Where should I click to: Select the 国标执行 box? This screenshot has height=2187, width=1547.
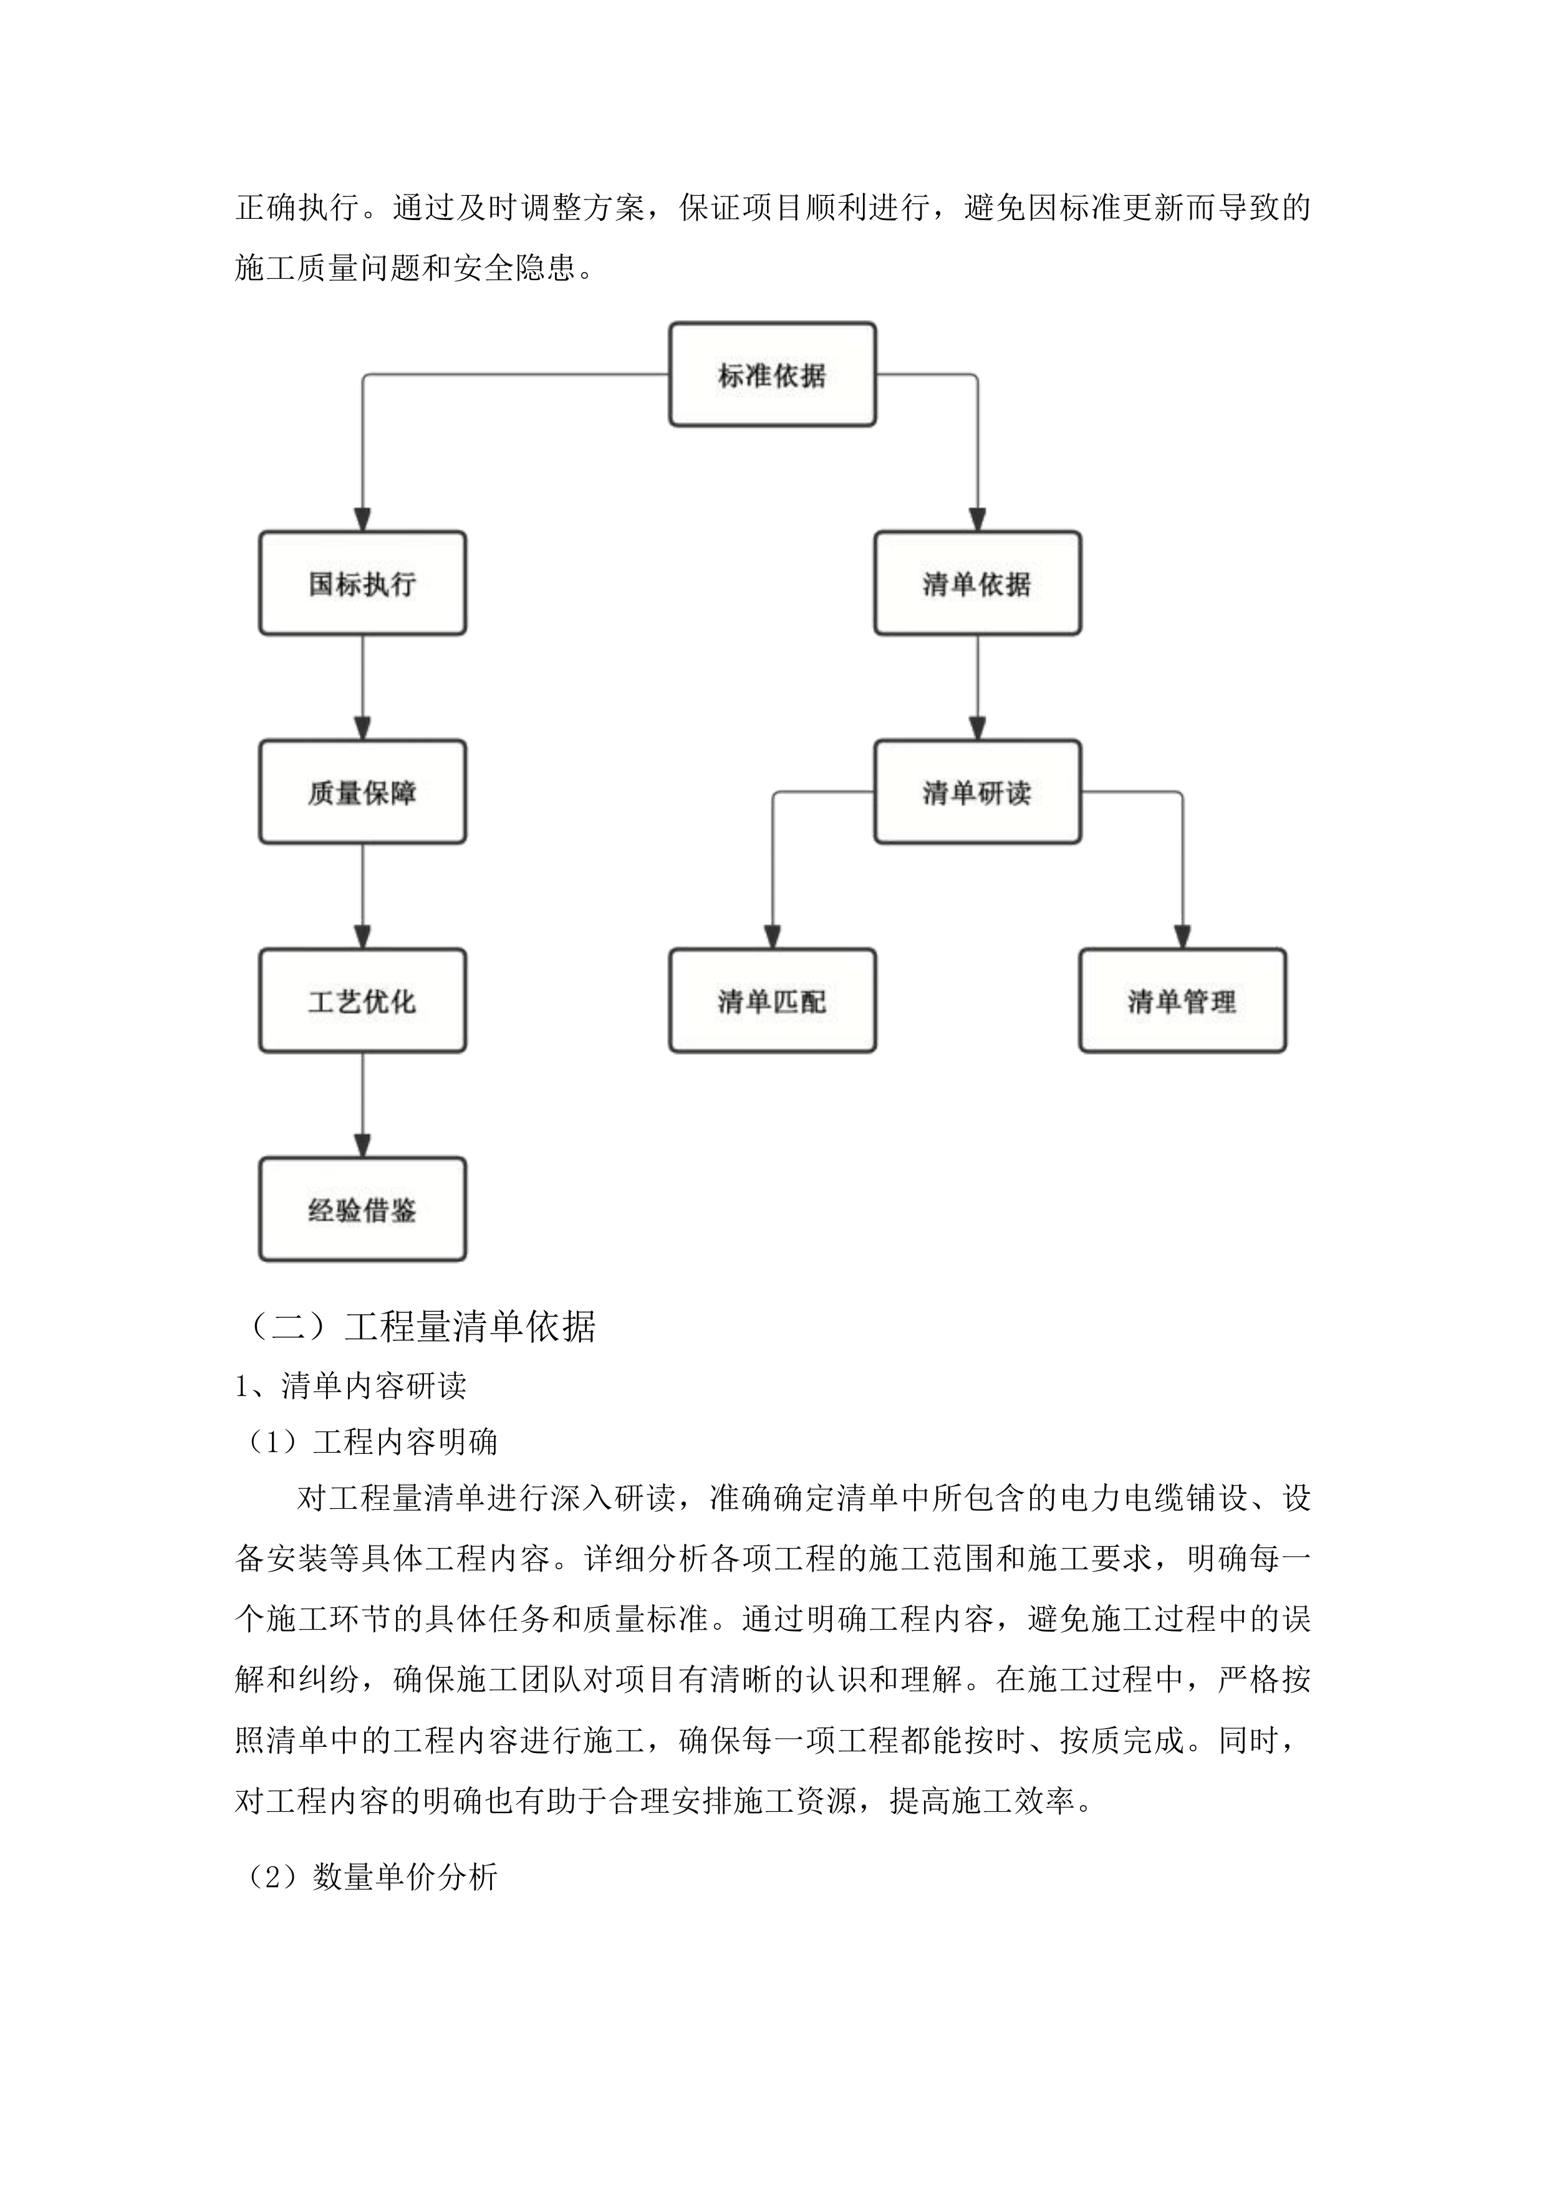tap(362, 583)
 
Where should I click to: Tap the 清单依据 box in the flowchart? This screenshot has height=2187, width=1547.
tap(976, 583)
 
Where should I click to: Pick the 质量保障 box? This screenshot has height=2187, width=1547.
tap(362, 792)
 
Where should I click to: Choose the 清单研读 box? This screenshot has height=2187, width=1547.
tap(976, 792)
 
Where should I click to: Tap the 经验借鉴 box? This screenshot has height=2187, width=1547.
tap(362, 1209)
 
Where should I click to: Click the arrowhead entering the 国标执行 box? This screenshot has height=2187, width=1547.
tap(362, 520)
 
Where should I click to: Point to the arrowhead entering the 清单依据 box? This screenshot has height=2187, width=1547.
tap(976, 520)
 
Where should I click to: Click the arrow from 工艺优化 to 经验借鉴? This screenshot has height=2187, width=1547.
tap(362, 1104)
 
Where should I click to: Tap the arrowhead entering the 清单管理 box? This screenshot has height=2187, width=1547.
tap(1182, 937)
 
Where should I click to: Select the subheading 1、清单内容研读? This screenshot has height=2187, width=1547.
tap(350, 1386)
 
